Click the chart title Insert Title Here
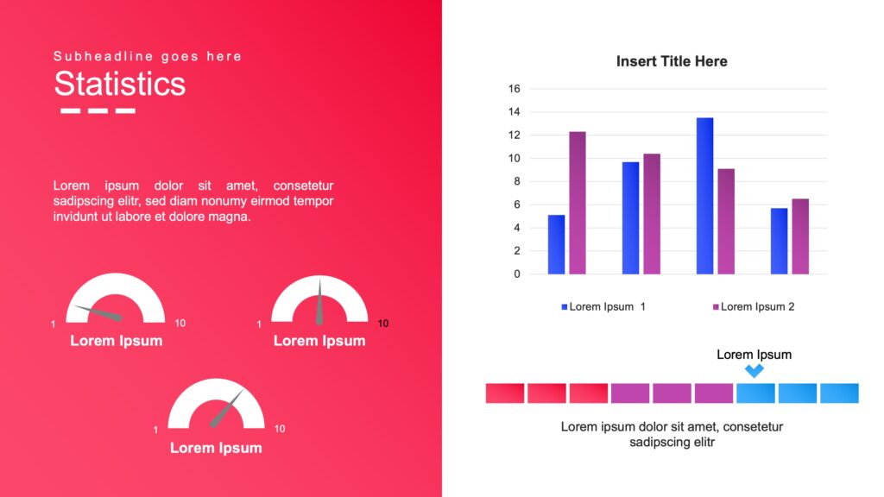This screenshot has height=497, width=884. coord(672,61)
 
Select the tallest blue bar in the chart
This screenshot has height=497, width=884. coord(704,196)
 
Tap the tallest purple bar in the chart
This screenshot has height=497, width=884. coord(577,203)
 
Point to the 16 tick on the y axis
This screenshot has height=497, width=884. coord(515,89)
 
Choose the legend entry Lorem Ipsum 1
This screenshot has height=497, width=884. coord(603,306)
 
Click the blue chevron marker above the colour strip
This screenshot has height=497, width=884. coord(755,370)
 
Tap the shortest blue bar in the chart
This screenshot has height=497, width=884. coord(556,244)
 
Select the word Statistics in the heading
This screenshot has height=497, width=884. coord(119,84)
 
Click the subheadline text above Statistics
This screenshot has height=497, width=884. coord(148,56)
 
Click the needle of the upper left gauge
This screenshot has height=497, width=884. coord(97,311)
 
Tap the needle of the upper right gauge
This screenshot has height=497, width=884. coord(319,302)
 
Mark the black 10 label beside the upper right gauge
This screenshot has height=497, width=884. coord(383,324)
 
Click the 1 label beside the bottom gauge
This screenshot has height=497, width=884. coord(155,430)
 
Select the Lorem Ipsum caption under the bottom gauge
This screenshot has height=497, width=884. coord(216,448)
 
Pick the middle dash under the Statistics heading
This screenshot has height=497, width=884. coord(98,110)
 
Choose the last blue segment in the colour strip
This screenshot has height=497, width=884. coord(839,393)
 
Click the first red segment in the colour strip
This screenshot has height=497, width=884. coord(505,393)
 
